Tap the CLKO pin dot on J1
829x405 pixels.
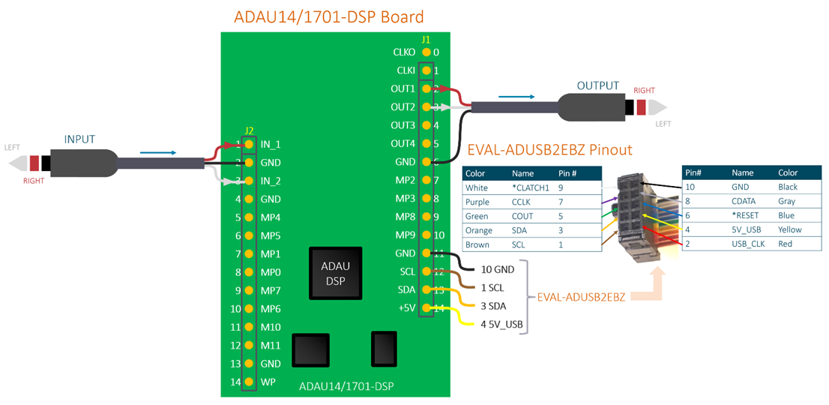[x=426, y=52]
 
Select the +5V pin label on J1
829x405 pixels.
[x=406, y=308]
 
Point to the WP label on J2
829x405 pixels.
[x=268, y=382]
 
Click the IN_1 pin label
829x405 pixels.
[x=271, y=144]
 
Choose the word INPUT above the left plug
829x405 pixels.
[x=80, y=139]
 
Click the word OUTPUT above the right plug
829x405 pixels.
[x=598, y=86]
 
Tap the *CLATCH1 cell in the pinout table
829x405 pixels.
[x=530, y=187]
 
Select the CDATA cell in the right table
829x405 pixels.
[x=744, y=201]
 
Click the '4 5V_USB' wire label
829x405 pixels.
[x=501, y=325]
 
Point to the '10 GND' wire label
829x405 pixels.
[x=498, y=269]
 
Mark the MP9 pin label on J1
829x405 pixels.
[x=404, y=235]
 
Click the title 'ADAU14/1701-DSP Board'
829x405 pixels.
[x=329, y=16]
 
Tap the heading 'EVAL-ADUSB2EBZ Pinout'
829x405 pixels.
[x=549, y=150]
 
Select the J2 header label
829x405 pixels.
[x=250, y=130]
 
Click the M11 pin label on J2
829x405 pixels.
[x=271, y=346]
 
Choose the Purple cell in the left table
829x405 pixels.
[x=477, y=202]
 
